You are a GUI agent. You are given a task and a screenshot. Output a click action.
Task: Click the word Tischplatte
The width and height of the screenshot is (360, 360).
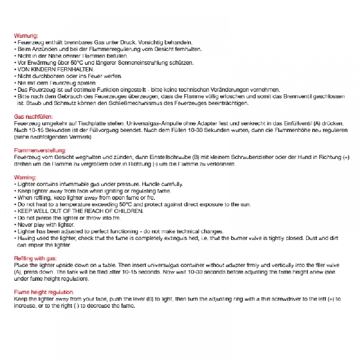tap(91, 122)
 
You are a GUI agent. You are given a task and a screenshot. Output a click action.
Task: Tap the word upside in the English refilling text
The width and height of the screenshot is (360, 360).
tap(68, 263)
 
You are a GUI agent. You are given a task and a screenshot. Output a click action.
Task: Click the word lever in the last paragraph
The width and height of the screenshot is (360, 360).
tap(130, 298)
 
